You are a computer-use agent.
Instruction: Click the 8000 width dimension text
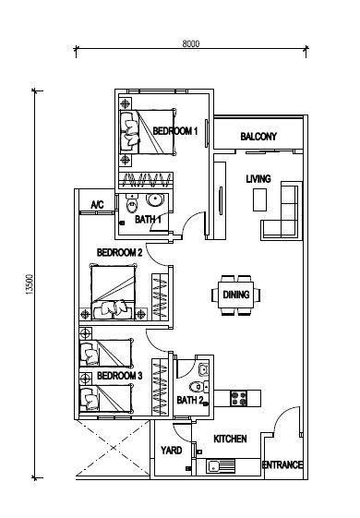[191, 43]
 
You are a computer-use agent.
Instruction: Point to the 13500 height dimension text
[30, 284]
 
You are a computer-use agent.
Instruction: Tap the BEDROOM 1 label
[175, 131]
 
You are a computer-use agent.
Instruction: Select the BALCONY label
[258, 137]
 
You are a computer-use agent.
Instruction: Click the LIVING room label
[258, 179]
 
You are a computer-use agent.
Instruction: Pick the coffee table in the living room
[259, 199]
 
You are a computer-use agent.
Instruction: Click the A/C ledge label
[97, 205]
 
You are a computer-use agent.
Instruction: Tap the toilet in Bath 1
[132, 202]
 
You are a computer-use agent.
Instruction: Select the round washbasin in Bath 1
[153, 199]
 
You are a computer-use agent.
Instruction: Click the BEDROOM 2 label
[120, 253]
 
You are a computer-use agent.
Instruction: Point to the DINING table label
[235, 295]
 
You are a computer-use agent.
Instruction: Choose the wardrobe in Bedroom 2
[160, 296]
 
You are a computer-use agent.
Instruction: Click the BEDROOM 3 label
[120, 376]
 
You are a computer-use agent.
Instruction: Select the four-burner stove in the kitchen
[239, 398]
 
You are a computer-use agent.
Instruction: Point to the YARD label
[171, 451]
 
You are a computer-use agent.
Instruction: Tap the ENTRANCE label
[282, 465]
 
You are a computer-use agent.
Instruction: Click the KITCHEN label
[230, 439]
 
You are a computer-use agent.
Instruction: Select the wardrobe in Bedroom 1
[146, 180]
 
